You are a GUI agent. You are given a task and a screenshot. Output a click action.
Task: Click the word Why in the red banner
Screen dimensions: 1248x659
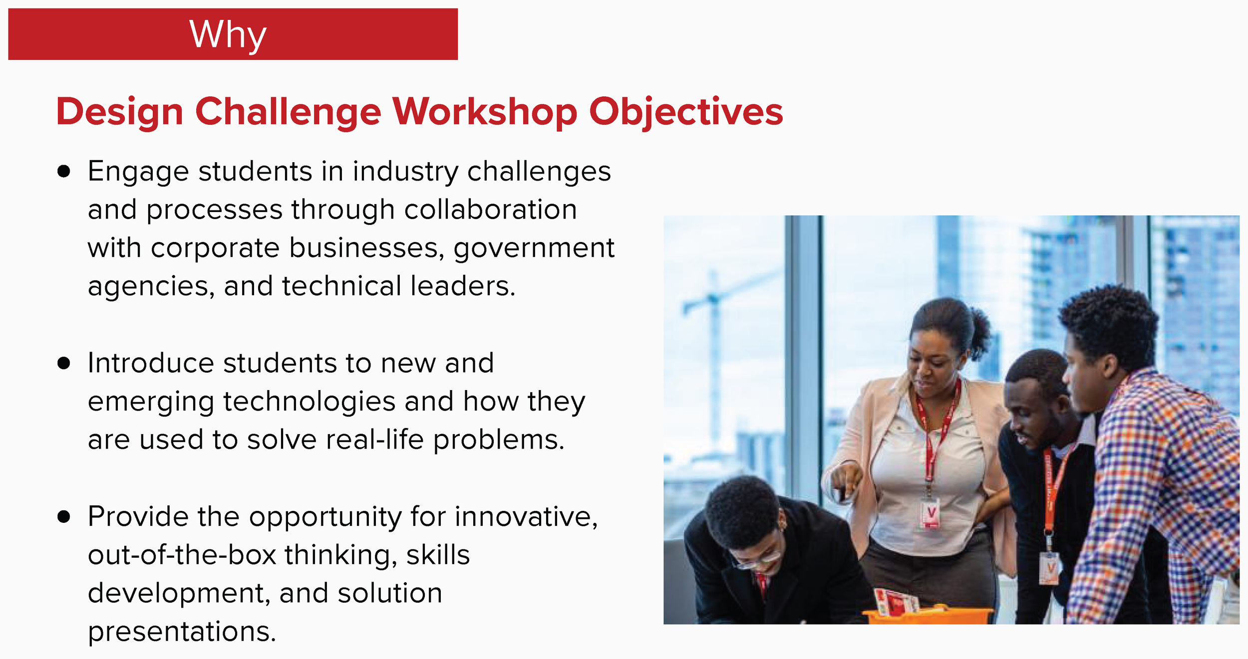pos(228,35)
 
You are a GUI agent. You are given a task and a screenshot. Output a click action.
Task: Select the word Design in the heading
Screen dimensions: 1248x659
pos(120,112)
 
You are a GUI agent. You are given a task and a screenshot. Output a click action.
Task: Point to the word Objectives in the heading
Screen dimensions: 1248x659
pos(686,112)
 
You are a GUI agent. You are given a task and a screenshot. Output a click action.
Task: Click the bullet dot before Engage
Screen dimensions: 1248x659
pos(63,172)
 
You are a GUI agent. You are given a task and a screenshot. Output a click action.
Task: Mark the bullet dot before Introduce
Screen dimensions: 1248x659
pos(63,363)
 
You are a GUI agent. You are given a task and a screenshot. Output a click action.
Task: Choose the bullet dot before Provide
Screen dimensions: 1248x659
pos(63,516)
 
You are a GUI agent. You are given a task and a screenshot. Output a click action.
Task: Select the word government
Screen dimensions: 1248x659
pos(534,248)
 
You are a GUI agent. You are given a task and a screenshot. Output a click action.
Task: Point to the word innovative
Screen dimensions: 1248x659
pos(526,516)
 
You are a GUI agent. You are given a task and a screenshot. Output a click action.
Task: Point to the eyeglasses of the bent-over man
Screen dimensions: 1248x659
pos(756,561)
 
